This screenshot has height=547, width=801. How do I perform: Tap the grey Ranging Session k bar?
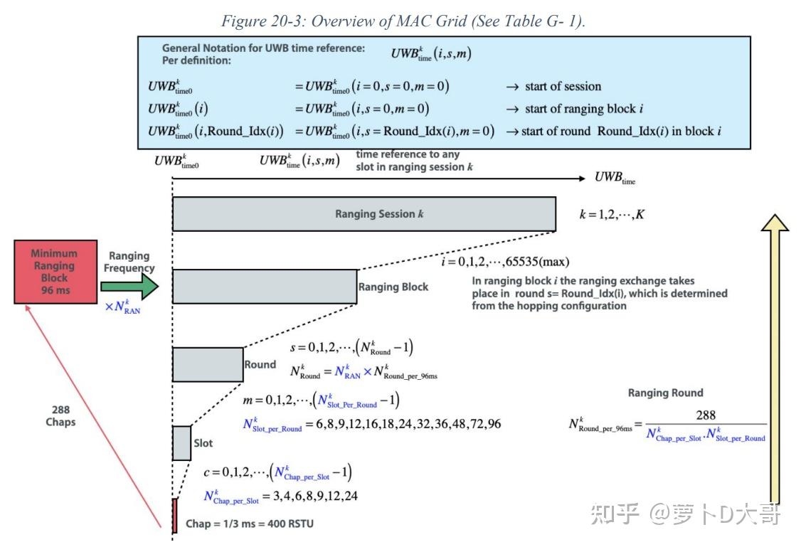(x=364, y=214)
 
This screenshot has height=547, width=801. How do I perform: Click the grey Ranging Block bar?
(x=264, y=287)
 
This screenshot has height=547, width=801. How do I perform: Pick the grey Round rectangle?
(x=207, y=364)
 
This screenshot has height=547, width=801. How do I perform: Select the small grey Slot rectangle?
(x=181, y=442)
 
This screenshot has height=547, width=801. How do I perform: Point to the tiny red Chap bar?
(x=174, y=516)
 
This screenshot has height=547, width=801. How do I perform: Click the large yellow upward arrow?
(x=774, y=356)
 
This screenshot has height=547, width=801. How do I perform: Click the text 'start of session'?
(x=563, y=87)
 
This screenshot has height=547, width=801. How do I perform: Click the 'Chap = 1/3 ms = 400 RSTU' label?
(x=249, y=524)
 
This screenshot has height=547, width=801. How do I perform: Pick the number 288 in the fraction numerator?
(x=706, y=415)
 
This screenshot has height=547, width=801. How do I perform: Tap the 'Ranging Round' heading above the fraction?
(x=665, y=393)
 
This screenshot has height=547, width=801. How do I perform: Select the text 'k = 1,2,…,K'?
(x=612, y=213)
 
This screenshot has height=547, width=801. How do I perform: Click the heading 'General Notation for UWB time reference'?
(x=263, y=48)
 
